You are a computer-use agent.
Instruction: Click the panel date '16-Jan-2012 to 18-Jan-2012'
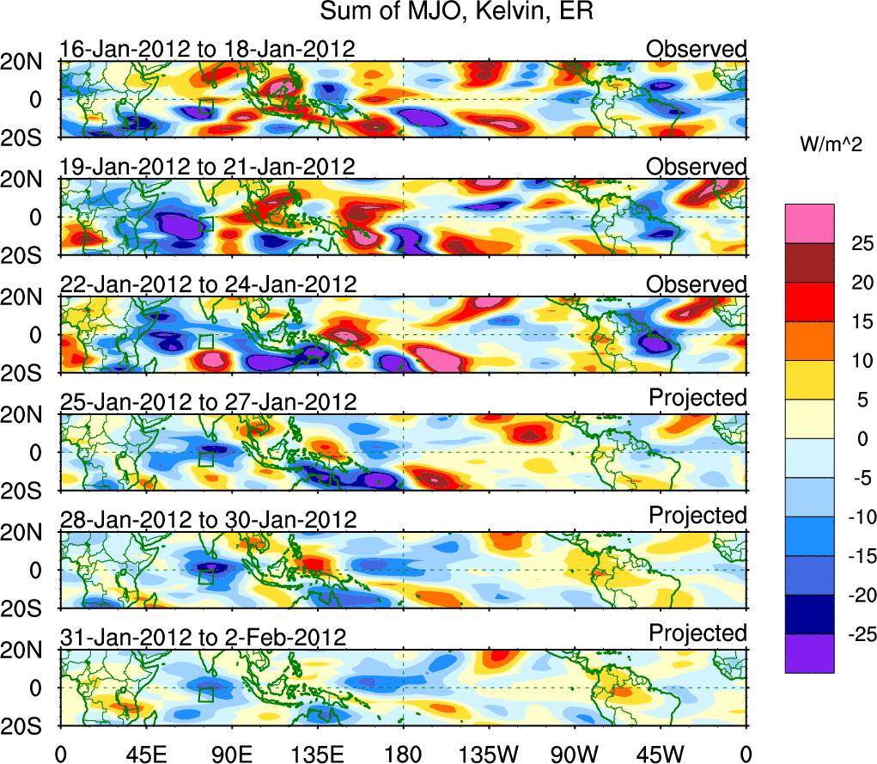207,49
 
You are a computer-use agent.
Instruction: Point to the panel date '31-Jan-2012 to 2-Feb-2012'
203,638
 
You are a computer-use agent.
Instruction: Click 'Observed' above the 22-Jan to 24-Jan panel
697,284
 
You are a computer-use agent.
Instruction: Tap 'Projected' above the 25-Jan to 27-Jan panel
697,398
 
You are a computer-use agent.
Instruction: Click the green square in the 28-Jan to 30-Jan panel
205,577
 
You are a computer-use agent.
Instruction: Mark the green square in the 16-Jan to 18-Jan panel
205,107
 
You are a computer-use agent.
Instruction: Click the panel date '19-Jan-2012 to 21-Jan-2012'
207,167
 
